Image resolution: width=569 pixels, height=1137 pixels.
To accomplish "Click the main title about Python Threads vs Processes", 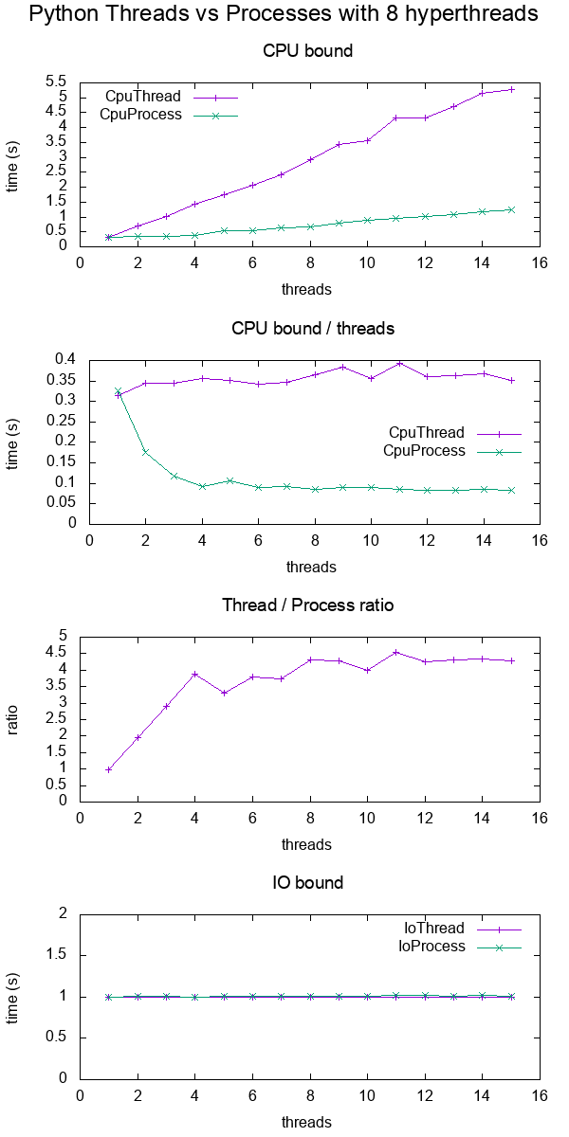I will click(x=284, y=14).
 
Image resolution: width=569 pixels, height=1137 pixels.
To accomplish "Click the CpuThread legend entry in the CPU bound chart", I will click(x=143, y=97).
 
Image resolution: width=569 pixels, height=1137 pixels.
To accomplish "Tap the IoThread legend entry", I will click(x=434, y=929).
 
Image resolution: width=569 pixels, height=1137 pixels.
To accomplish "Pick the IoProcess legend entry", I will click(x=431, y=946).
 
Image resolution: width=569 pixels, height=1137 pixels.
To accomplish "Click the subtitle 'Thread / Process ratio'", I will click(x=307, y=605).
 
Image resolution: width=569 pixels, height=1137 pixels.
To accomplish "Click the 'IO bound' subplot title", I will click(x=307, y=882).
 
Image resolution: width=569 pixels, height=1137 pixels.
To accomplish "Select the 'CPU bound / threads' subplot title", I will click(x=313, y=329).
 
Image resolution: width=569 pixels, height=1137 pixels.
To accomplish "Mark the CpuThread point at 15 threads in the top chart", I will click(x=512, y=89).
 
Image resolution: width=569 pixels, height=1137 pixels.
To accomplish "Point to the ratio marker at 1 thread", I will click(x=109, y=769).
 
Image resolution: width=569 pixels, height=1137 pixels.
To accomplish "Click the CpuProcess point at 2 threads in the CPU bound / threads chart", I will click(x=145, y=452).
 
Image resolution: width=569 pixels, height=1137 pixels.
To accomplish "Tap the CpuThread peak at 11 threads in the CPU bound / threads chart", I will click(x=399, y=363).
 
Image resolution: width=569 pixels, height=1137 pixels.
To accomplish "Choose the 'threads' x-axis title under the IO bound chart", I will click(x=307, y=1123).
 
